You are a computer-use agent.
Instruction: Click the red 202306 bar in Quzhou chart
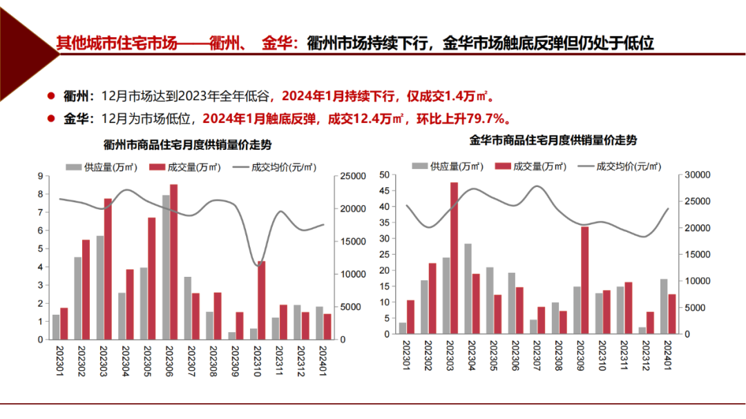(x=173, y=262)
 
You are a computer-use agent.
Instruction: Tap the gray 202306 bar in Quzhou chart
(x=166, y=267)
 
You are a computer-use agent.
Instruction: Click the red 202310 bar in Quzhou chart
(x=261, y=300)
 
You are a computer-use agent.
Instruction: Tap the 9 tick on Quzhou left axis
(x=41, y=176)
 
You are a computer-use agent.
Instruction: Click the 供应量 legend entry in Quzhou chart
(x=103, y=167)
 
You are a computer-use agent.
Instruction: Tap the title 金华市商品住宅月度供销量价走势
(x=553, y=140)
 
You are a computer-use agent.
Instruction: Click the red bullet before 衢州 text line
(x=50, y=95)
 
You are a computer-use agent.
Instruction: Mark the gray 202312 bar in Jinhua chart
(x=642, y=330)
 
